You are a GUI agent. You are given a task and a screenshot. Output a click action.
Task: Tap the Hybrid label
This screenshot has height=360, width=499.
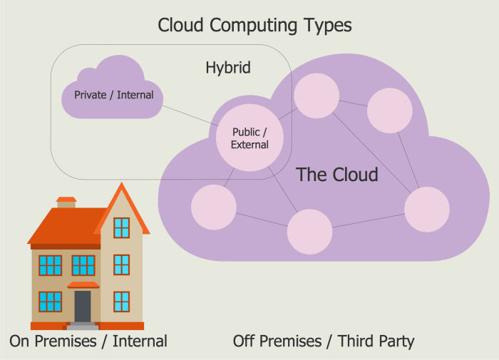(x=228, y=68)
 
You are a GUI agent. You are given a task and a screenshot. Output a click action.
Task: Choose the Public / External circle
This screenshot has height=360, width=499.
(x=249, y=138)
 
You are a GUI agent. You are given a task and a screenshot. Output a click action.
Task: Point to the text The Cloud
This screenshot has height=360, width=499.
(x=336, y=174)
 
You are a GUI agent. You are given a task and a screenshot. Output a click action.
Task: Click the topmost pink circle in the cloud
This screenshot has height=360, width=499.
(x=317, y=96)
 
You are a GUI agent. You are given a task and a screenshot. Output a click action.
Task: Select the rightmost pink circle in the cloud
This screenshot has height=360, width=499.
(x=427, y=210)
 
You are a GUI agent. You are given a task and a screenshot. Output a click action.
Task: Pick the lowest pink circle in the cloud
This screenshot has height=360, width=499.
(x=309, y=232)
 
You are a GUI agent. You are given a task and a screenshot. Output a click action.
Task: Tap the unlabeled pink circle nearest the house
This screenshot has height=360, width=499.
(x=214, y=207)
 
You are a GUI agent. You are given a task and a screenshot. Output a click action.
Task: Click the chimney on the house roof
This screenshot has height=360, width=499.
(x=66, y=202)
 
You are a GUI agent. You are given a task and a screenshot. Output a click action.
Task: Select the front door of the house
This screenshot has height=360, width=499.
(x=83, y=305)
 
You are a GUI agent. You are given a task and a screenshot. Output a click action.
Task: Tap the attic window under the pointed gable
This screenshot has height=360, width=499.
(x=122, y=227)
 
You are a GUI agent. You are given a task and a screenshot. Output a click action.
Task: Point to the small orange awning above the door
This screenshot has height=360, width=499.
(x=83, y=285)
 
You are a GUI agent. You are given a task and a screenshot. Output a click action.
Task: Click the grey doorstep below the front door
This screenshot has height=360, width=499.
(x=83, y=326)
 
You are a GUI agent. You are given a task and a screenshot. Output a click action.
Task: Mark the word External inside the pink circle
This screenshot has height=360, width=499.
(x=249, y=145)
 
